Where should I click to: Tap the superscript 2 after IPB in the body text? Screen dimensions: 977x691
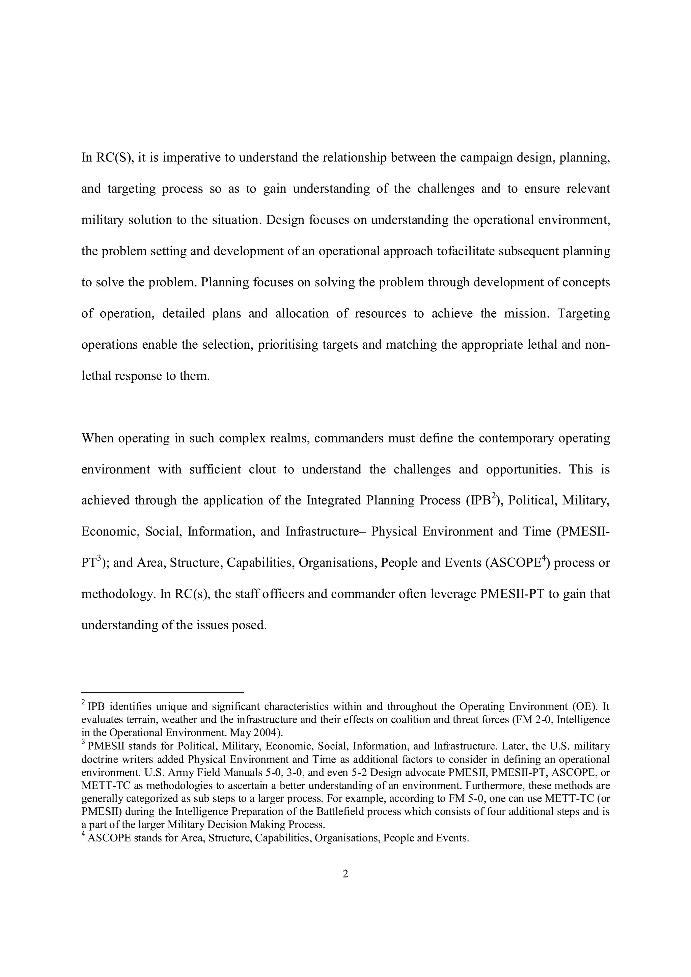(494, 495)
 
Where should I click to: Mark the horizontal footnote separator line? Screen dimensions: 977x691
(162, 693)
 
